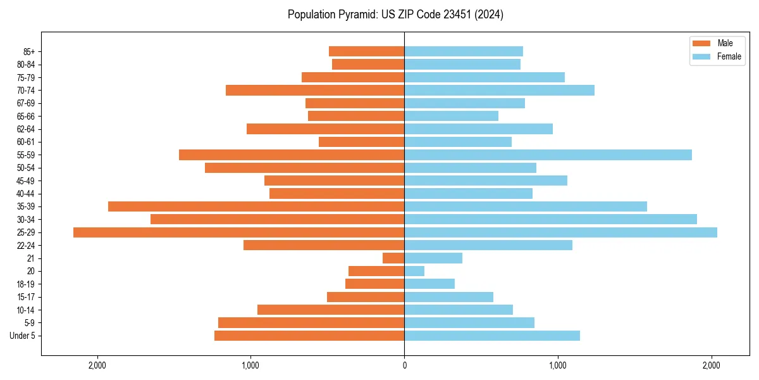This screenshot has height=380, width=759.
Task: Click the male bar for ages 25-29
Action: click(238, 232)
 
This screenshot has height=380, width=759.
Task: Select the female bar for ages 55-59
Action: click(548, 155)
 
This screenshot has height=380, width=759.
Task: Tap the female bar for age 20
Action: click(414, 271)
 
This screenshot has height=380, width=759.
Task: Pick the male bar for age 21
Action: click(393, 258)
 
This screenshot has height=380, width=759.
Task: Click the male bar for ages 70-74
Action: click(315, 91)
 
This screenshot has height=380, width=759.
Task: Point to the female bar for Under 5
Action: click(492, 336)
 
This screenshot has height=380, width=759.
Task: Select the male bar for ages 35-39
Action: click(256, 206)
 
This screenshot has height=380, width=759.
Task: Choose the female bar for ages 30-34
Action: click(550, 219)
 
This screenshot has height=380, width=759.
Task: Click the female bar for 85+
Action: click(464, 51)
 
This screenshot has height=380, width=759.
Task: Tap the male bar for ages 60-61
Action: click(361, 142)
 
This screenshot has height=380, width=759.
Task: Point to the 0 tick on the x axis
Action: click(404, 365)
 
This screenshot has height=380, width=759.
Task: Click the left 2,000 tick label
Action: click(97, 365)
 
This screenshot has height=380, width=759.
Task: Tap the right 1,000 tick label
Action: click(558, 365)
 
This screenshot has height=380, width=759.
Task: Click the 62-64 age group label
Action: click(26, 129)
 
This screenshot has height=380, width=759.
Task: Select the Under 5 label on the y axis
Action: click(22, 336)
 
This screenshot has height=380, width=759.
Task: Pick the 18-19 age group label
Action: click(26, 284)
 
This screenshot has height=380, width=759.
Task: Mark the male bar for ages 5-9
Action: click(311, 323)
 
